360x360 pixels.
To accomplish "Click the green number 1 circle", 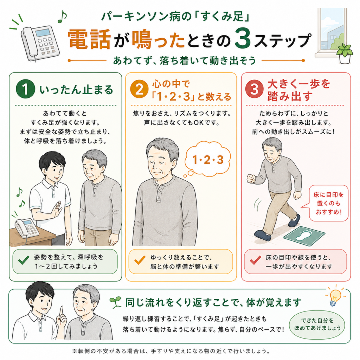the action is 25,89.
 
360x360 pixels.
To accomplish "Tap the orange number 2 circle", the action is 139,89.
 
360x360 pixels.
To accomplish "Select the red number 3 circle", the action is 254,89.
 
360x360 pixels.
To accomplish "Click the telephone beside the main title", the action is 39,43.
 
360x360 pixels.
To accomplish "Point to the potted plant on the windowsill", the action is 345,53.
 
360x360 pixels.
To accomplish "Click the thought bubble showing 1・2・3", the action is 207,160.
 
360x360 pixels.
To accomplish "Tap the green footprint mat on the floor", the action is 304,236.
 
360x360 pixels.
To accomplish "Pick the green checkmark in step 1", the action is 24,260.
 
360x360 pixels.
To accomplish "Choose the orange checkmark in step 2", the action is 140,260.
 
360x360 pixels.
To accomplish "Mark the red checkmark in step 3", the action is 255,260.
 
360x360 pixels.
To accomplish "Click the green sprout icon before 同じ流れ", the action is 115,302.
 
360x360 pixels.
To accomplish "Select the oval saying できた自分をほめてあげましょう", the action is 317,324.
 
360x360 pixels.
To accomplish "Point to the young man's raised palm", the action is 57,210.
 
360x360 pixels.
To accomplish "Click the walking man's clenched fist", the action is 251,179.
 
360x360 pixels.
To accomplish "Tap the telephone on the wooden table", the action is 27,228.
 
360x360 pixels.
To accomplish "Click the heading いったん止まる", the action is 76,90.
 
